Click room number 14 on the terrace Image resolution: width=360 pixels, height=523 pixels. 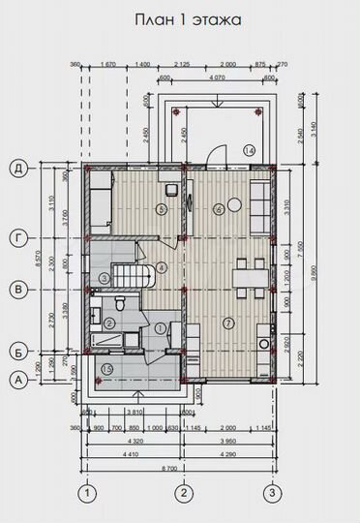tap(249, 150)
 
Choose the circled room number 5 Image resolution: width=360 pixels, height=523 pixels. tap(162, 207)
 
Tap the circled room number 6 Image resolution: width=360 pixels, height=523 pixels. tap(219, 207)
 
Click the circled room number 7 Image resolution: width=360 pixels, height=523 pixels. tap(228, 323)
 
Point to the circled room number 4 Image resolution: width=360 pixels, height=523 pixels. tap(162, 266)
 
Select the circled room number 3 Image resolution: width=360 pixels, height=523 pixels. tap(104, 278)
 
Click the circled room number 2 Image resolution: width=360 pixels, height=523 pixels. tap(109, 323)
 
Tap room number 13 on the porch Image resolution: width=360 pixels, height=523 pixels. tap(106, 369)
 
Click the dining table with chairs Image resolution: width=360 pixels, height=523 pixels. tap(248, 277)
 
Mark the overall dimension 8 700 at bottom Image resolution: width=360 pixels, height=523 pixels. tap(180, 468)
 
